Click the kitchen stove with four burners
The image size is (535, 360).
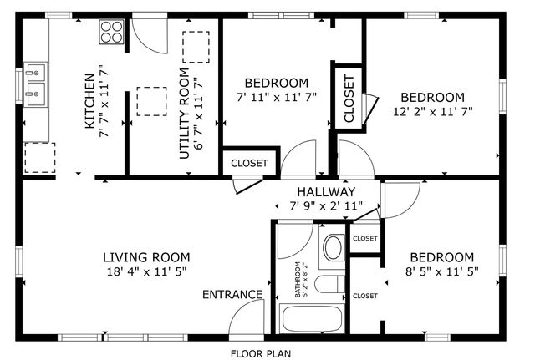tap(110, 33)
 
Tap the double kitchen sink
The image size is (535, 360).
tap(35, 83)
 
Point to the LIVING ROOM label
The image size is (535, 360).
tap(146, 257)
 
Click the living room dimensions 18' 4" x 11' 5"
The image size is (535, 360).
tap(146, 271)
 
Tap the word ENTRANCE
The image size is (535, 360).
tap(232, 295)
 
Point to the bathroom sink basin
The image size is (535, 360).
tap(333, 247)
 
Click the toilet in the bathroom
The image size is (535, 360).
tap(331, 284)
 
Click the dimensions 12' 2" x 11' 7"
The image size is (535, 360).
tap(433, 111)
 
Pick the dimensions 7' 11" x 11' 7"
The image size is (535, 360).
tap(276, 97)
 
